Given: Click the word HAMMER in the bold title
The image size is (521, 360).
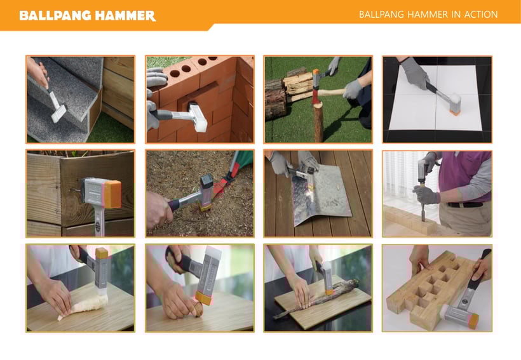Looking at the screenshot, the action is pos(125,16).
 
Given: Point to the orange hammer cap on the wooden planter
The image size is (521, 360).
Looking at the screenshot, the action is pos(112,194).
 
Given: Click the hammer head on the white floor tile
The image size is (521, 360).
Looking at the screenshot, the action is pos(454,104).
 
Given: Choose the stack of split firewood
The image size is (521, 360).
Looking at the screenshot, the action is pos(297,86).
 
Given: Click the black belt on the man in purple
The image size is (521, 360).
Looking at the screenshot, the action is pos(465,204).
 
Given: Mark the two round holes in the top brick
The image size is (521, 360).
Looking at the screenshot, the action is pos(180,70).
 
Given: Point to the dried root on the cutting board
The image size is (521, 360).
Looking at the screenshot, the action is pos(316,298).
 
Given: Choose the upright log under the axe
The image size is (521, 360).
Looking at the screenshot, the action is pos(319,122).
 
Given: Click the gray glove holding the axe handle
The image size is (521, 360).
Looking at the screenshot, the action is pos(353,90).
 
